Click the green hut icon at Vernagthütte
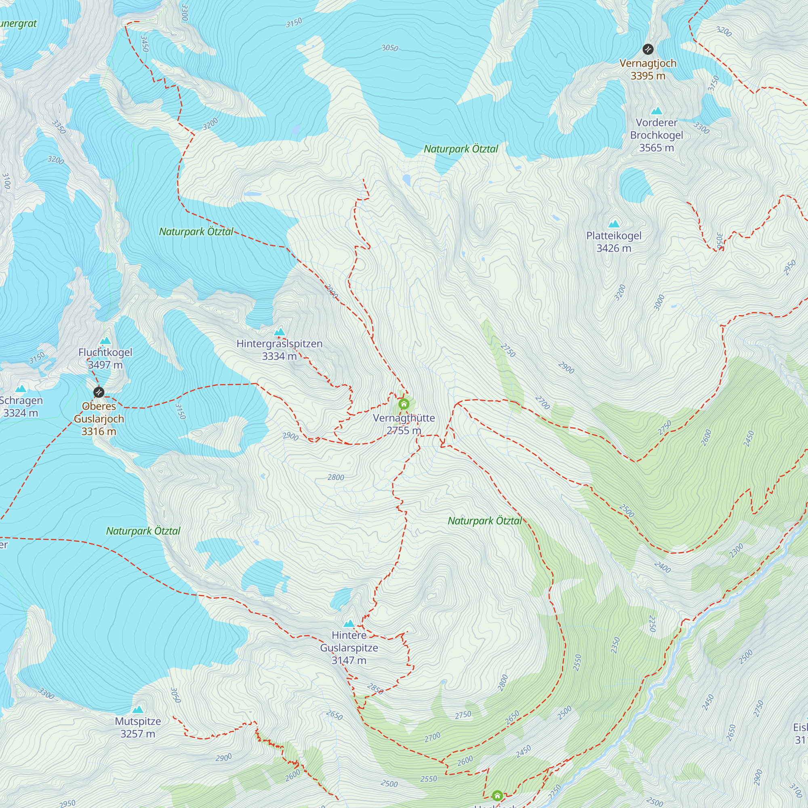[x=404, y=404]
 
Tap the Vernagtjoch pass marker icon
[x=648, y=49]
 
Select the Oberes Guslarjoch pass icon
[x=99, y=392]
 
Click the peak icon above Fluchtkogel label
[x=105, y=341]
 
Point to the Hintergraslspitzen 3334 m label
[x=280, y=349]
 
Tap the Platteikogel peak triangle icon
[x=614, y=224]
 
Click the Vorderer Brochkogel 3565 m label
[x=656, y=135]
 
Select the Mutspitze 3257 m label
[x=138, y=727]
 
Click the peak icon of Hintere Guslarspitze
[x=349, y=623]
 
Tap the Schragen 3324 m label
[x=21, y=406]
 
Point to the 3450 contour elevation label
[x=144, y=44]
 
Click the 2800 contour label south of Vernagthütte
[x=335, y=477]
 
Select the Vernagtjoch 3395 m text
[x=648, y=69]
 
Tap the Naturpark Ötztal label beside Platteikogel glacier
[x=461, y=149]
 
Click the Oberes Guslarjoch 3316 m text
[x=99, y=419]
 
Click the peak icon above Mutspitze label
[x=138, y=709]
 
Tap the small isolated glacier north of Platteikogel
[x=635, y=185]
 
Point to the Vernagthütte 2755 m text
[x=404, y=424]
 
